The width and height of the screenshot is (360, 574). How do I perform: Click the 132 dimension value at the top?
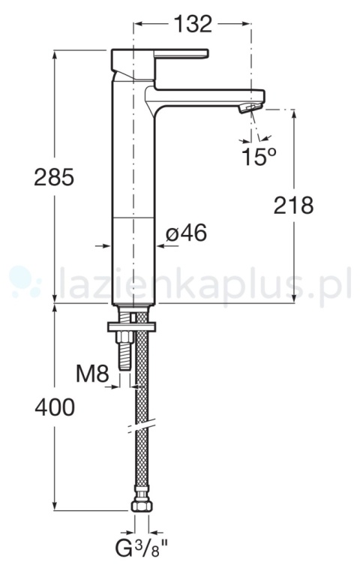pos(193,24)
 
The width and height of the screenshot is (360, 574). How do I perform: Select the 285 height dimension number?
pos(54,177)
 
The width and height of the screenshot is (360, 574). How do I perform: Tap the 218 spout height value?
pos(293,206)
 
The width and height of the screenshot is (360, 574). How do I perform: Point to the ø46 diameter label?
pos(186,233)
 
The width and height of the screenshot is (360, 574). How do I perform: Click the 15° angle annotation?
pos(258,156)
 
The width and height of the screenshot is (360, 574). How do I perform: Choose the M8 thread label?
pos(92,374)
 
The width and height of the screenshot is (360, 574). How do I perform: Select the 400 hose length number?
pos(55,407)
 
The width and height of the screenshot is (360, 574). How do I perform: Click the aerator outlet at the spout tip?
pos(250,107)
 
